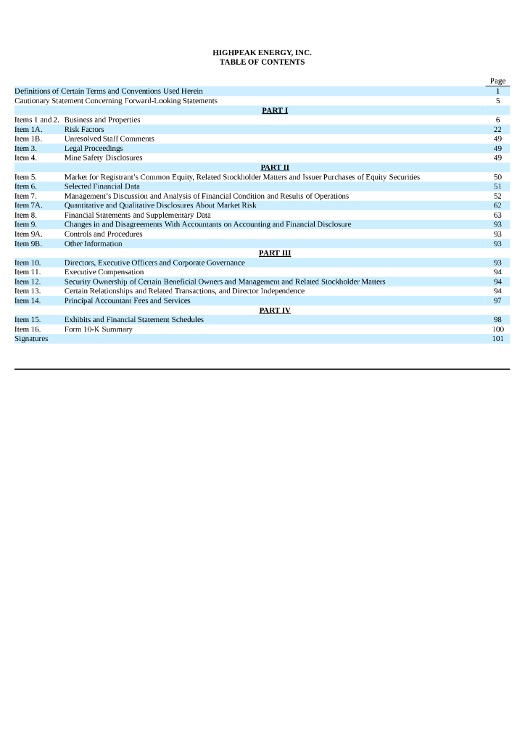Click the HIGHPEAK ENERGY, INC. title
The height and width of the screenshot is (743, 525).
(262, 53)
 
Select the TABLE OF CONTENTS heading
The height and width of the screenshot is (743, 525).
(262, 62)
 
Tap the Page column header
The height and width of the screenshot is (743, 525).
(497, 81)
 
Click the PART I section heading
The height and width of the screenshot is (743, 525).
(275, 110)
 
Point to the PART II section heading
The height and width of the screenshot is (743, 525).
(275, 167)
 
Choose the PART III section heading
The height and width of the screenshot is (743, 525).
(275, 253)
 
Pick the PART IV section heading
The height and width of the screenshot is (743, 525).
(275, 310)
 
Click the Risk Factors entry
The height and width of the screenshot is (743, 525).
(84, 129)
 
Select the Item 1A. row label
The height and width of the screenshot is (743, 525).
(28, 129)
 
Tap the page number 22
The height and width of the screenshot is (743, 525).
(497, 129)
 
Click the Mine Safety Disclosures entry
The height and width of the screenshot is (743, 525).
(103, 157)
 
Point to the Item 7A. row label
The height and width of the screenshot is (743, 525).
(28, 205)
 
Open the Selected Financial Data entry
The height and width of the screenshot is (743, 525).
(102, 186)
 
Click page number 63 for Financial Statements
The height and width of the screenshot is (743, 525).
(497, 215)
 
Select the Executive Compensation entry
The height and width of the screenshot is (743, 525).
(104, 272)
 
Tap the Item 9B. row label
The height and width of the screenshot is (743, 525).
(28, 244)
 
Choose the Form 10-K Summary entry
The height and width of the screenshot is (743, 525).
(98, 329)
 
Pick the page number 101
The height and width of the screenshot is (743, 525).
(497, 339)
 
